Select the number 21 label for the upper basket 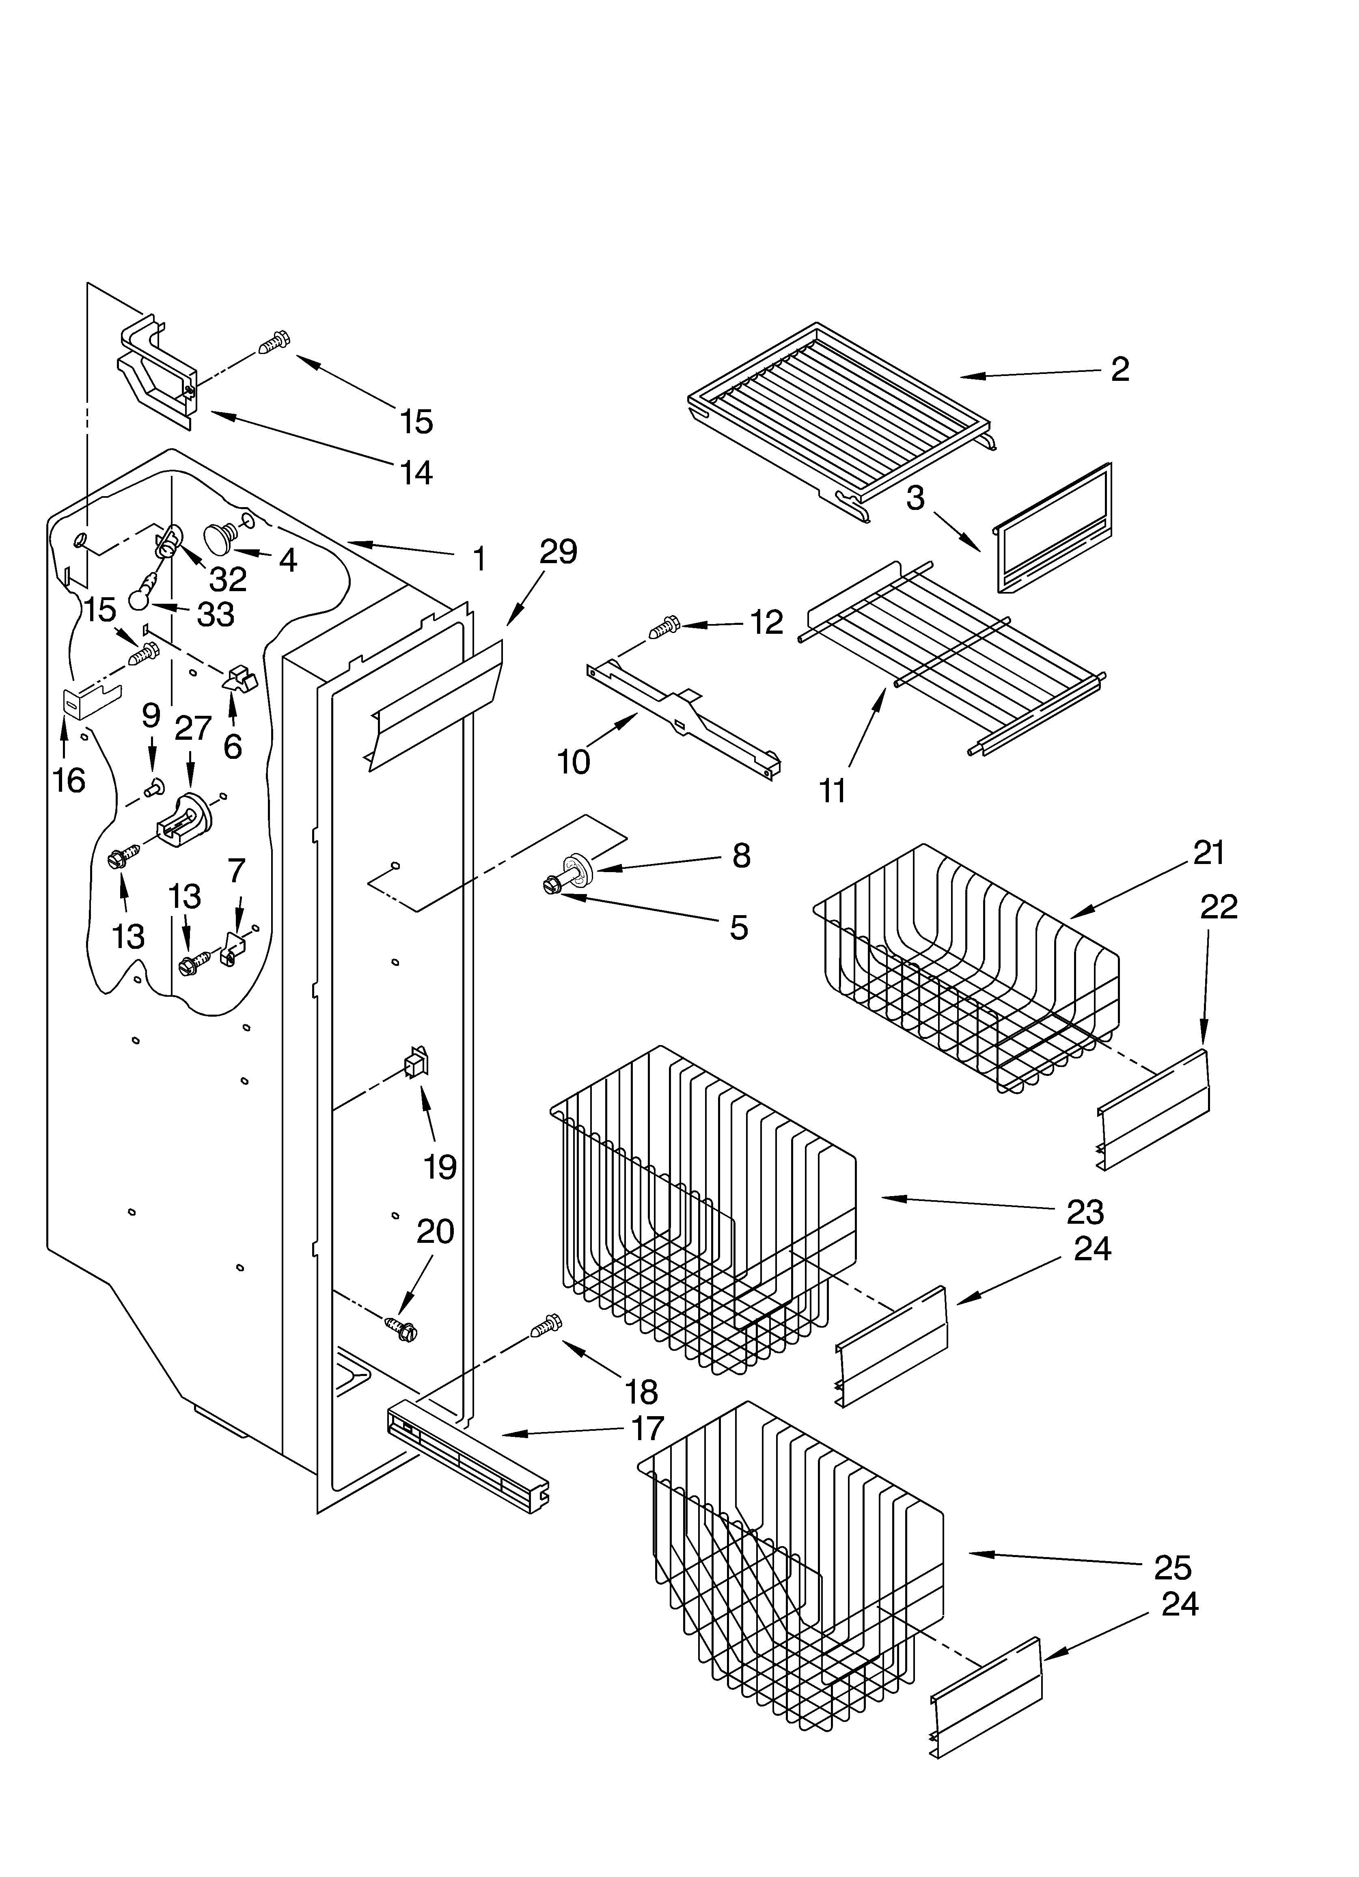pyautogui.click(x=1208, y=853)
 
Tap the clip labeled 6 pyautogui.click(x=241, y=677)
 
